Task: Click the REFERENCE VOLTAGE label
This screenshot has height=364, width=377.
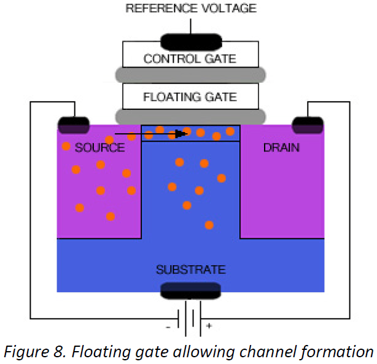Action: [190, 9]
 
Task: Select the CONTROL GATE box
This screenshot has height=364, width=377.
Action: [190, 59]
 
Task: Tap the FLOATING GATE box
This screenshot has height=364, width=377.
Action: [190, 96]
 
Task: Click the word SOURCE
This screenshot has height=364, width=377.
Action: [99, 148]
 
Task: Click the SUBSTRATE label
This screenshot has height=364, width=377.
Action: [190, 269]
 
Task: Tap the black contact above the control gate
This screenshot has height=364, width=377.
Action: [190, 42]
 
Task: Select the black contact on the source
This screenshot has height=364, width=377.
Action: [74, 126]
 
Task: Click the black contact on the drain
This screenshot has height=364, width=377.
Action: [307, 126]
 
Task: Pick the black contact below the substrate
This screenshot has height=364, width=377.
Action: [190, 290]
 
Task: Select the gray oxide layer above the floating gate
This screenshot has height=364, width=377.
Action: [190, 75]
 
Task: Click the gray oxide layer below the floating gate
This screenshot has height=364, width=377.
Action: [190, 115]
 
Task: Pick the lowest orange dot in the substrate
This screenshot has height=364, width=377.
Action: [209, 225]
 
